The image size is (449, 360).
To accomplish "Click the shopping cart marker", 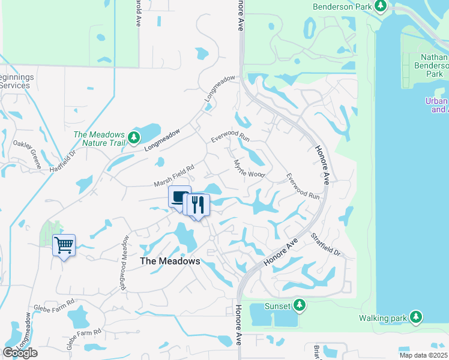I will pos(64,245).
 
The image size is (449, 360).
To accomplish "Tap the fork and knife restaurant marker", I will pos(197,205).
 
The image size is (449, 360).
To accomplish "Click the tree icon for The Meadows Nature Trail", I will pos(135,138).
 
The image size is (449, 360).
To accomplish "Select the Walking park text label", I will pos(384,317).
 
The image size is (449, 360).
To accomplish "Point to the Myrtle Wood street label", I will pos(249,169).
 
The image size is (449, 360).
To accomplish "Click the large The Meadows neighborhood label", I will pos(169,261).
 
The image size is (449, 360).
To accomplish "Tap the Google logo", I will pos(20,353).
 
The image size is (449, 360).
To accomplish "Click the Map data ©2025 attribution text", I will pos(423,355).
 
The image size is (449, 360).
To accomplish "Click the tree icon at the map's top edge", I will pos(380,6).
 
